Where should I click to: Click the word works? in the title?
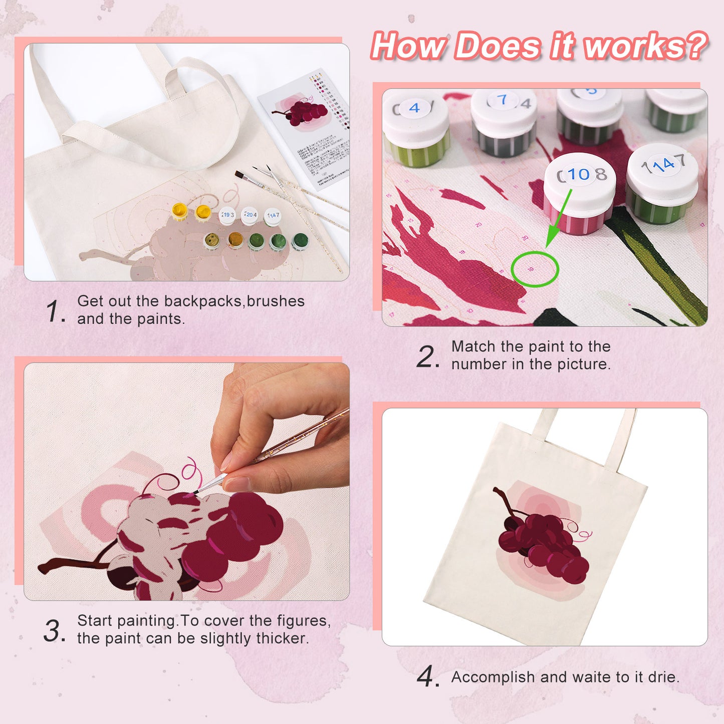point(646,46)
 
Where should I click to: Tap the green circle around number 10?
point(535,269)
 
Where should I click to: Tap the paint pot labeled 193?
point(228,215)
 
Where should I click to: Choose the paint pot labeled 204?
point(250,215)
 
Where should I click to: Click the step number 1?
point(54,311)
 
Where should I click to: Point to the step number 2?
point(427,356)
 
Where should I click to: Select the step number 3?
point(54,631)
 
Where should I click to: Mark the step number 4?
point(427,677)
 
